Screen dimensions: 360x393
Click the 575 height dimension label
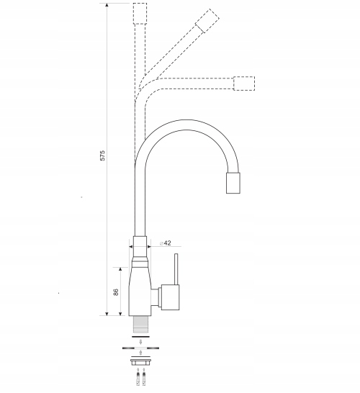coord(102,155)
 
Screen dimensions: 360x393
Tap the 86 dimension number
coord(116,292)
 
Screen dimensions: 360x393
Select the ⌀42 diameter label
coord(166,243)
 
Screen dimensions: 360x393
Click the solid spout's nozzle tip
coord(233,183)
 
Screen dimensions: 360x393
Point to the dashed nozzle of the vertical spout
coord(140,14)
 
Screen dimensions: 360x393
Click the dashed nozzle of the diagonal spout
coord(207,21)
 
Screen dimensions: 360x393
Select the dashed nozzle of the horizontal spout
coord(244,83)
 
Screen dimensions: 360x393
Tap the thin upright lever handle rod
coord(176,269)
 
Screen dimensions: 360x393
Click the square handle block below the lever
coord(170,297)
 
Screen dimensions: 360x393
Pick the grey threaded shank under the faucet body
coord(140,325)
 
